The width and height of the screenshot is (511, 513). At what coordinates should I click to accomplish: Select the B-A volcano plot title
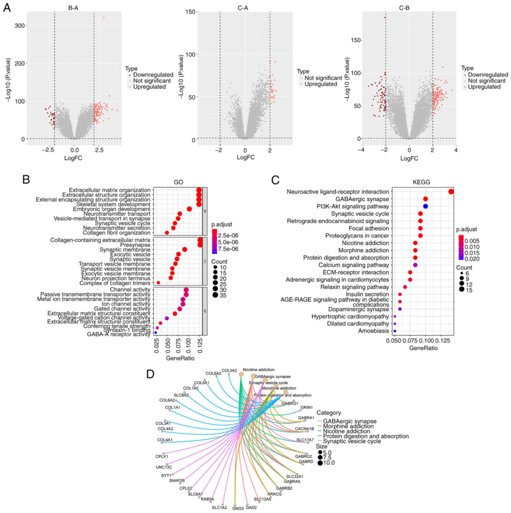pyautogui.click(x=73, y=8)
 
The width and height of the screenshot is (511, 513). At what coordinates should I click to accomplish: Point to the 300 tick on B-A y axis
pyautogui.click(x=21, y=25)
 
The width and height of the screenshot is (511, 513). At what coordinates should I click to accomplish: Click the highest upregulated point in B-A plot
pyautogui.click(x=104, y=18)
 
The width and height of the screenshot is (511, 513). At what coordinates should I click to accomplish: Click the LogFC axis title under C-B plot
pyautogui.click(x=409, y=159)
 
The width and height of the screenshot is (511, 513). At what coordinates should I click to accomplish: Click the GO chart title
pyautogui.click(x=178, y=182)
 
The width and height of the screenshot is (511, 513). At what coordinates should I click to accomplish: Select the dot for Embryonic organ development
pyautogui.click(x=189, y=209)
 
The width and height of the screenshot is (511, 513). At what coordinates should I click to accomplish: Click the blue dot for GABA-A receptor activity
pyautogui.click(x=155, y=333)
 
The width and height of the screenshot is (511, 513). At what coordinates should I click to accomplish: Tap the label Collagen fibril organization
pyautogui.click(x=116, y=233)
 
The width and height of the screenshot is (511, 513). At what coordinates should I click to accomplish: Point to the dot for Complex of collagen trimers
pyautogui.click(x=158, y=283)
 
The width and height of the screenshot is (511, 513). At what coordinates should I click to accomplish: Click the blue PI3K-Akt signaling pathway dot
pyautogui.click(x=425, y=206)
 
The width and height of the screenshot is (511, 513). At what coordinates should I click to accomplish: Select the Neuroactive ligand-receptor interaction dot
pyautogui.click(x=451, y=192)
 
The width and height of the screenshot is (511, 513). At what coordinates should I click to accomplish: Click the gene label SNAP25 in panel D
pyautogui.click(x=177, y=481)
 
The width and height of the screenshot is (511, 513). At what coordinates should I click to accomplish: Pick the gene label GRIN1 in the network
pyautogui.click(x=307, y=408)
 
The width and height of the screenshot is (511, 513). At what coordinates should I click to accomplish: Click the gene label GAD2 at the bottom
pyautogui.click(x=251, y=508)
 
